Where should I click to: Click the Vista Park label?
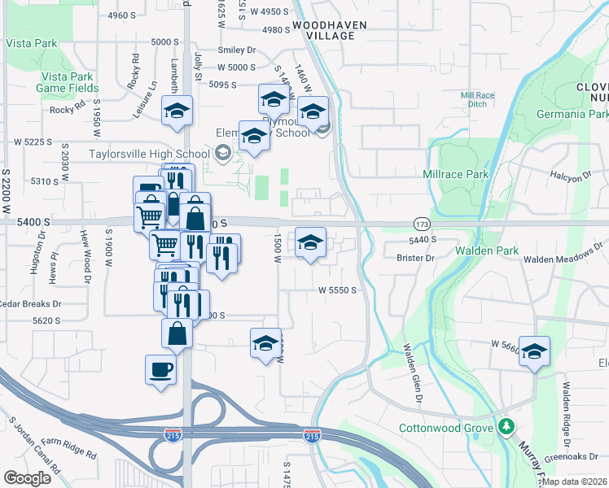point(32,43)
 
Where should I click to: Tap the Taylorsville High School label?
point(149,152)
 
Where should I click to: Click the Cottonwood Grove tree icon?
point(506,425)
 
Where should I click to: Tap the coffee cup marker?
point(160,370)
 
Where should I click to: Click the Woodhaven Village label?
point(324,31)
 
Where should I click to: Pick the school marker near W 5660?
point(534,351)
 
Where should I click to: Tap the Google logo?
point(27,477)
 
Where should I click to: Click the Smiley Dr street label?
point(237,50)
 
